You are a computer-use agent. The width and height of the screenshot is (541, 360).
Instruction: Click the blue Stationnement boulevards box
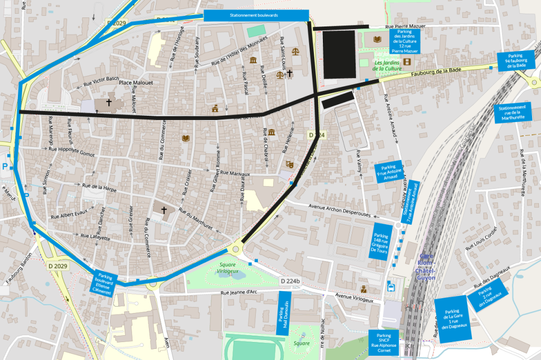tap(256, 16)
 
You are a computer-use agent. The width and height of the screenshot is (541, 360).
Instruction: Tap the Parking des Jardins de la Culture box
tap(404, 41)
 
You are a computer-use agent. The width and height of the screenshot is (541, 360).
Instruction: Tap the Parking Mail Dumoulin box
tap(284, 312)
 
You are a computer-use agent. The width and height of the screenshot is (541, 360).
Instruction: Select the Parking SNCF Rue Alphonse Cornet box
tap(384, 343)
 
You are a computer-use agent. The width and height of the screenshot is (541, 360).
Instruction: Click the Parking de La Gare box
tap(452, 319)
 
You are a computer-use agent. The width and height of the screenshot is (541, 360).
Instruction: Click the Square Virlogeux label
tap(228, 267)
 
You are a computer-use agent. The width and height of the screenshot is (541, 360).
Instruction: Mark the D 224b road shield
tap(290, 281)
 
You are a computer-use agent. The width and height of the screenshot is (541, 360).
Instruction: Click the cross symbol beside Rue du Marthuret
tap(164, 210)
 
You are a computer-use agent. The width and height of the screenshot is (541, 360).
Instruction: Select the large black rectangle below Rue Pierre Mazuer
tap(339, 54)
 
